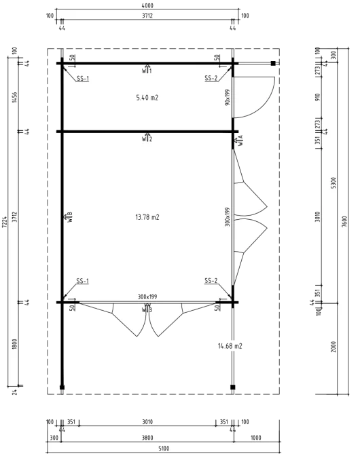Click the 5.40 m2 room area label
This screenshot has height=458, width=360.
point(147,98)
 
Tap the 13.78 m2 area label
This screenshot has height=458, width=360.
point(147,217)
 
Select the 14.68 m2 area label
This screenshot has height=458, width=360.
point(230,346)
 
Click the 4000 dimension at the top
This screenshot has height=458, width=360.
point(147,5)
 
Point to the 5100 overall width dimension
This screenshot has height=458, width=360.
point(164,449)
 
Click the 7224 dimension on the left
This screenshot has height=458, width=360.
point(4,223)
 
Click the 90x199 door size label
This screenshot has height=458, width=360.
point(228,98)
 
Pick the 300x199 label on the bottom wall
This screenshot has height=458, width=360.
point(147,297)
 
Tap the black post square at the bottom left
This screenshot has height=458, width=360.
point(62,387)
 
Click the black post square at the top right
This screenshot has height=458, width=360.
point(273,63)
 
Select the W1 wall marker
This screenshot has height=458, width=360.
point(147,69)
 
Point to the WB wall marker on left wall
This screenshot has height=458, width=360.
point(68,217)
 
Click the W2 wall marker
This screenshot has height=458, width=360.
point(147,138)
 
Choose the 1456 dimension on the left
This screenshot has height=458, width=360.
point(15,97)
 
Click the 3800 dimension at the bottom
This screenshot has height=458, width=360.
point(147,438)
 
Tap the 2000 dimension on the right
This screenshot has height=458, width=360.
point(334,347)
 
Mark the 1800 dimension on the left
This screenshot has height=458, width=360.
point(15,344)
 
